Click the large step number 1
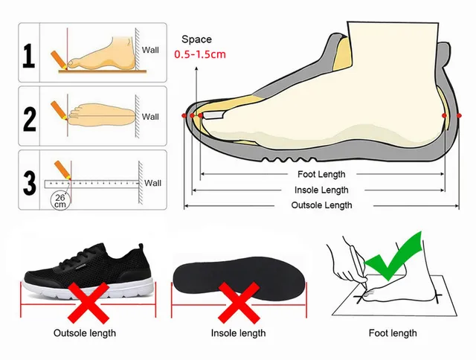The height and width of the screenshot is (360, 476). [x=28, y=57]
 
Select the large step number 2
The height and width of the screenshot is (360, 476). [x=28, y=118]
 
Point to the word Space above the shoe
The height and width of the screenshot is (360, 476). [x=196, y=39]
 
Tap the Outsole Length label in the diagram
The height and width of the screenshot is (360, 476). [x=321, y=205]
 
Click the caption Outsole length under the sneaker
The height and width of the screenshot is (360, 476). [x=84, y=333]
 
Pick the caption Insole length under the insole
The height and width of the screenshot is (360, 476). [x=239, y=333]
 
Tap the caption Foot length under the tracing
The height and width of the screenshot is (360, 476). [x=392, y=333]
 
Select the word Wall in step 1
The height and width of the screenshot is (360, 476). [x=151, y=51]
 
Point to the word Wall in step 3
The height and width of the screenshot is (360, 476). [x=152, y=182]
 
